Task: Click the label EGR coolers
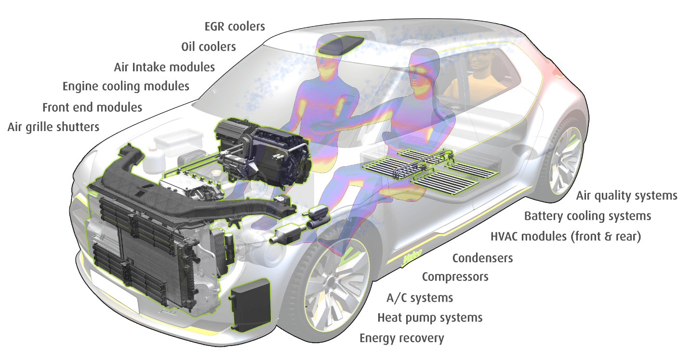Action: (235, 27)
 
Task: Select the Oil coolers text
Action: (209, 47)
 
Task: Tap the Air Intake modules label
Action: (164, 67)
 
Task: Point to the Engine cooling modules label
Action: (126, 86)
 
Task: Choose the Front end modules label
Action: (92, 107)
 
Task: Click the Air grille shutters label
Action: (53, 127)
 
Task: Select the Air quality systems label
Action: (627, 196)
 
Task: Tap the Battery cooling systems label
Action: (588, 216)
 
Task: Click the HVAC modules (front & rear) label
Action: (566, 237)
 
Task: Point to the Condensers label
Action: (482, 258)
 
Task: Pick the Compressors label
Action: (455, 277)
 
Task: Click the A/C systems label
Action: (420, 298)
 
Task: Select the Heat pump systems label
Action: (430, 318)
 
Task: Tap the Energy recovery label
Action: (402, 338)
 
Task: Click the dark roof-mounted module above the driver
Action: (341, 45)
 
